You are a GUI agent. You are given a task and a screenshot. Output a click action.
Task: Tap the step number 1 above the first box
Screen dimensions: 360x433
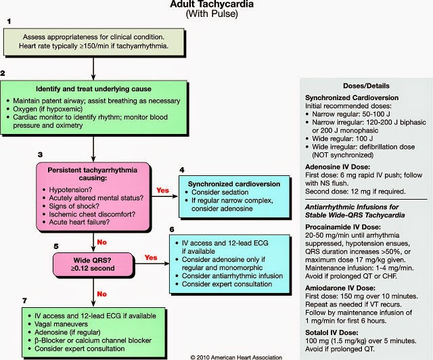[9, 22]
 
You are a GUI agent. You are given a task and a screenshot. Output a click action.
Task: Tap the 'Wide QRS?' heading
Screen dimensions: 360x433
[92, 258]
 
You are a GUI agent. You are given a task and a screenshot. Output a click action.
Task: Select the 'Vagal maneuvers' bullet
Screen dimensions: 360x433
[56, 325]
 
